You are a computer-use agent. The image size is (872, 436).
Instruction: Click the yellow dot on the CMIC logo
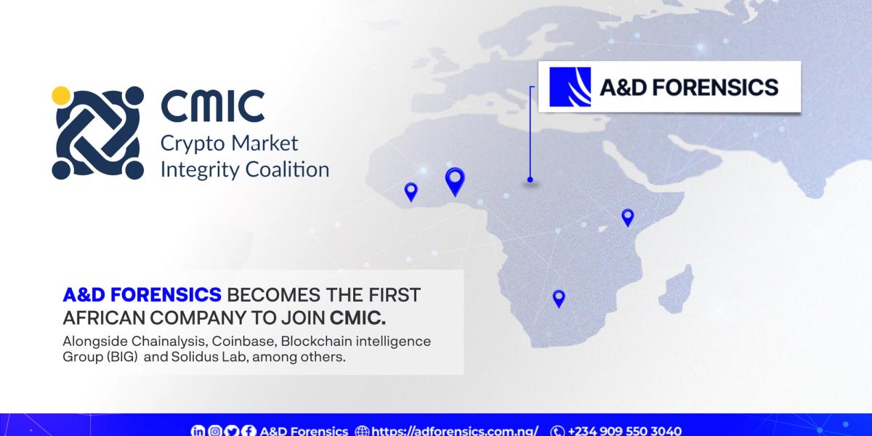click(61, 94)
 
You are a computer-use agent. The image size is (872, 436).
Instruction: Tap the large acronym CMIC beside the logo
click(212, 106)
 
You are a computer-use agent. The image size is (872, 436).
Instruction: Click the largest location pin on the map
click(455, 179)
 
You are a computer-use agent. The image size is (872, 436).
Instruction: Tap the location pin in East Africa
click(627, 217)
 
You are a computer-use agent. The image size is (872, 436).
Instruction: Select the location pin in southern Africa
click(558, 297)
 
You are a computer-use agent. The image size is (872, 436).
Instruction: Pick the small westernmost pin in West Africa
click(411, 191)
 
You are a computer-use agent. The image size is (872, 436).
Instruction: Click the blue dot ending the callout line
click(530, 179)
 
